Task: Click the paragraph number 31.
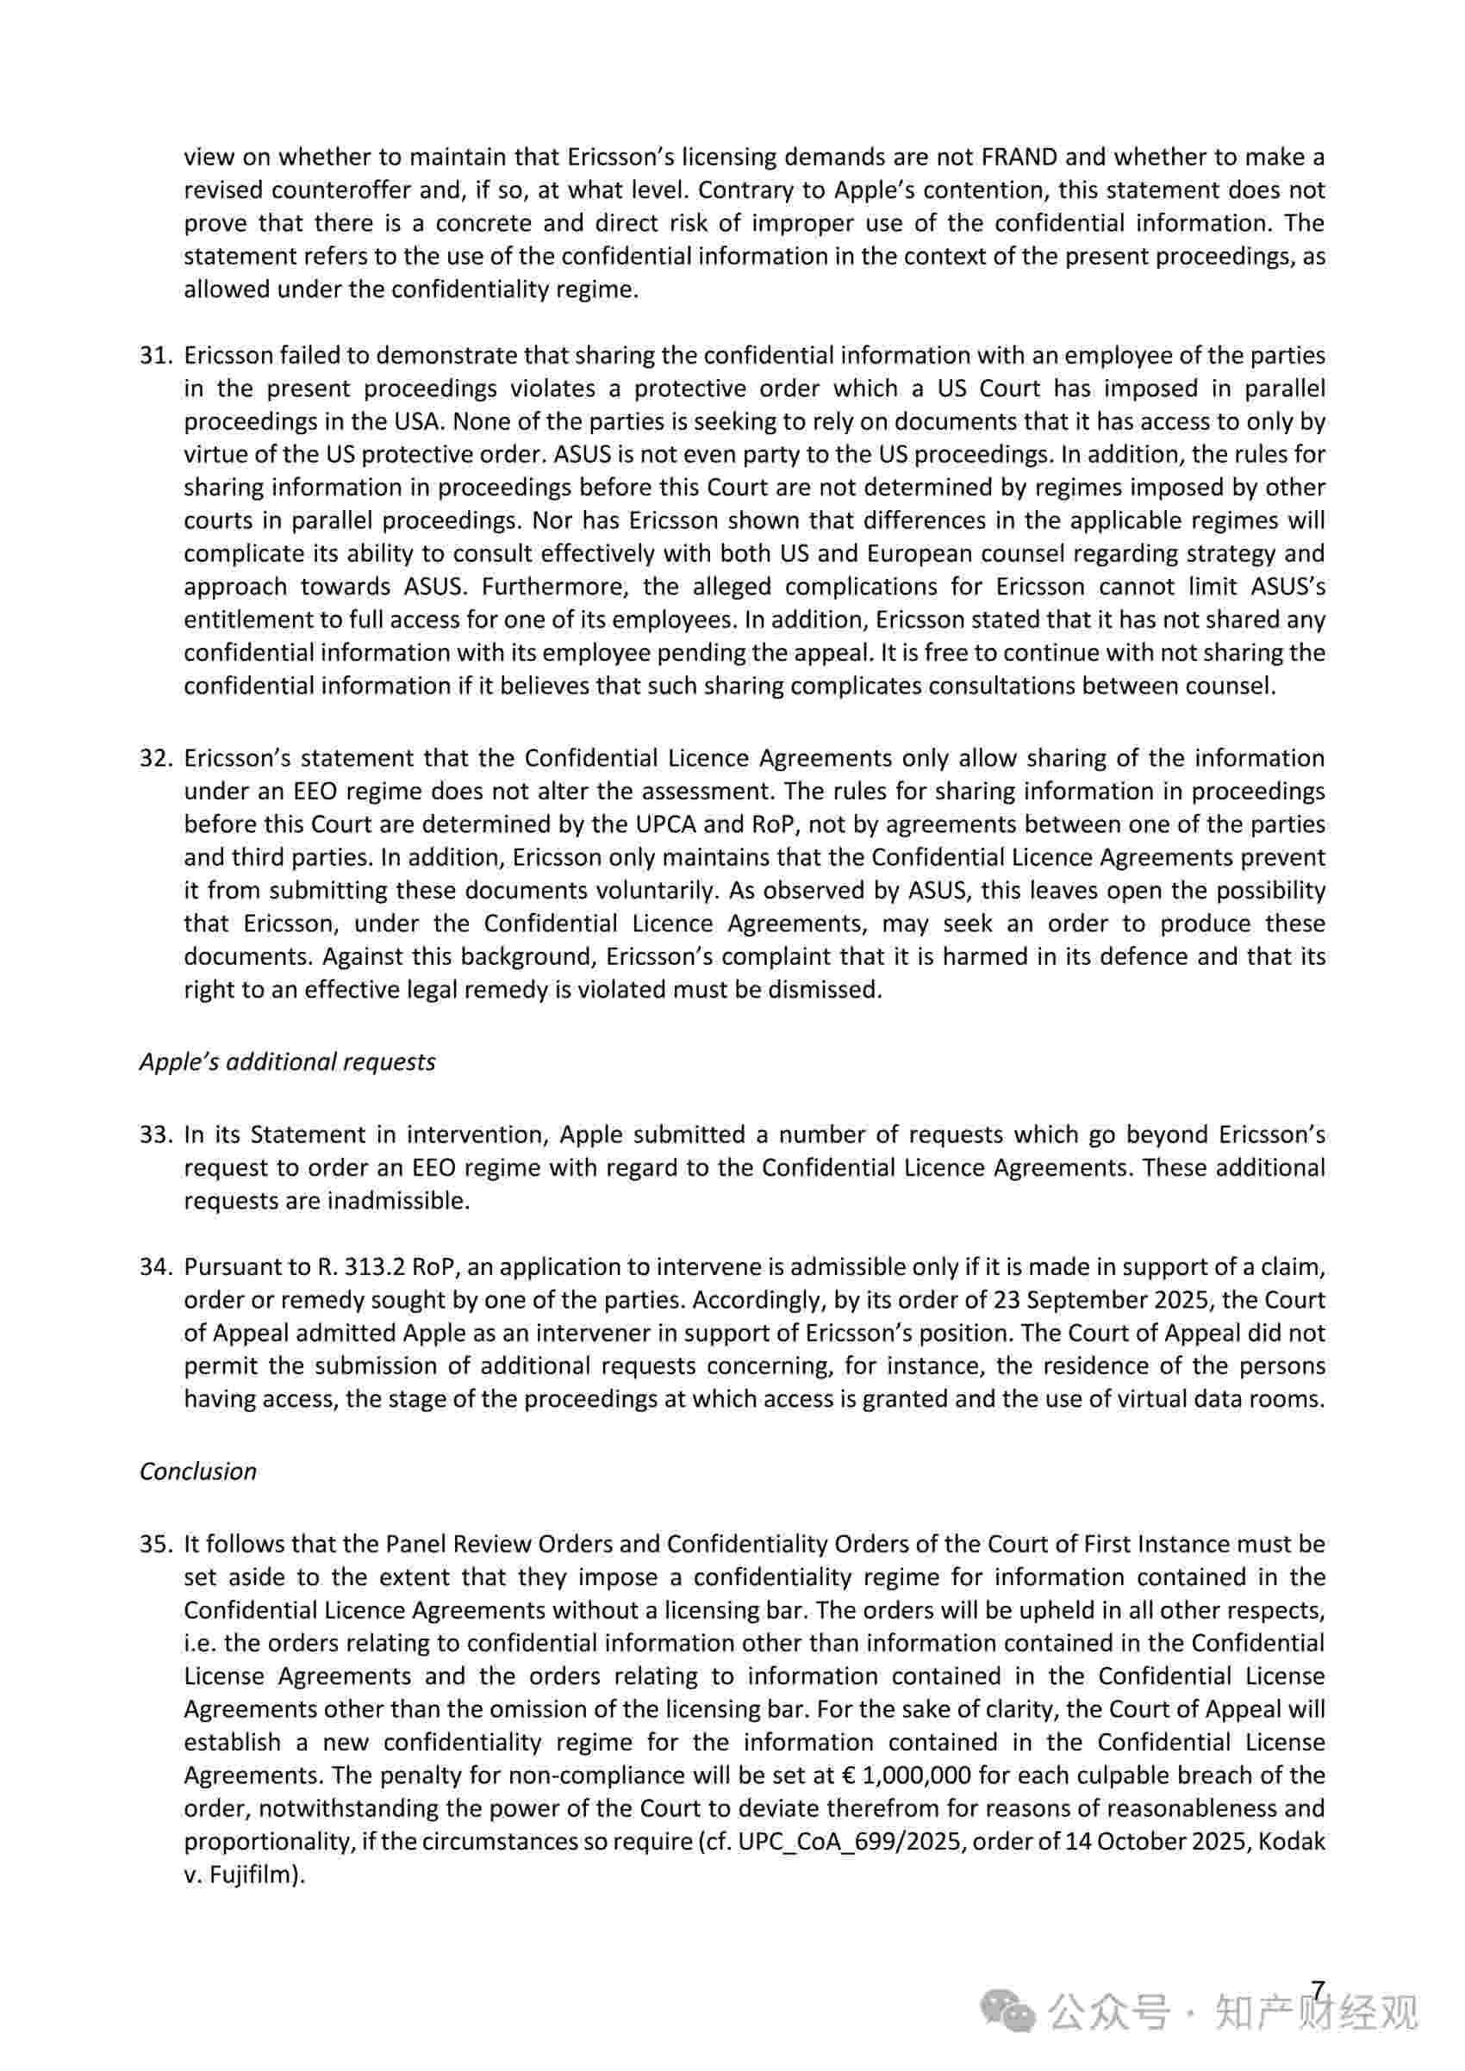point(155,356)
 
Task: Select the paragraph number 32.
point(155,758)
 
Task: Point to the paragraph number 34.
point(155,1266)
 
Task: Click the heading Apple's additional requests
point(287,1061)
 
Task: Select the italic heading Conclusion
point(197,1471)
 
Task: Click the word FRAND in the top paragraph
point(1019,157)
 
